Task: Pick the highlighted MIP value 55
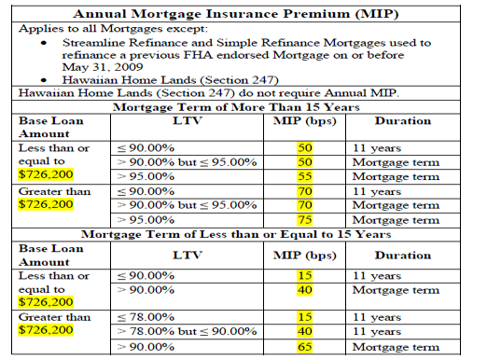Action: (303, 176)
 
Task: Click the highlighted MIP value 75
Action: (303, 220)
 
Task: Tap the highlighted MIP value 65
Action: (303, 347)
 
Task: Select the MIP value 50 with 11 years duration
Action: (303, 147)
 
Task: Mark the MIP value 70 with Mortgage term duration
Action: (303, 205)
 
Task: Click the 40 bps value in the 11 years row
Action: (303, 332)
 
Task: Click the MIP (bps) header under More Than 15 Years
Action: (304, 121)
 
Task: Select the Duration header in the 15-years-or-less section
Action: (402, 254)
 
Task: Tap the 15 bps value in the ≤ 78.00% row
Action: (303, 317)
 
